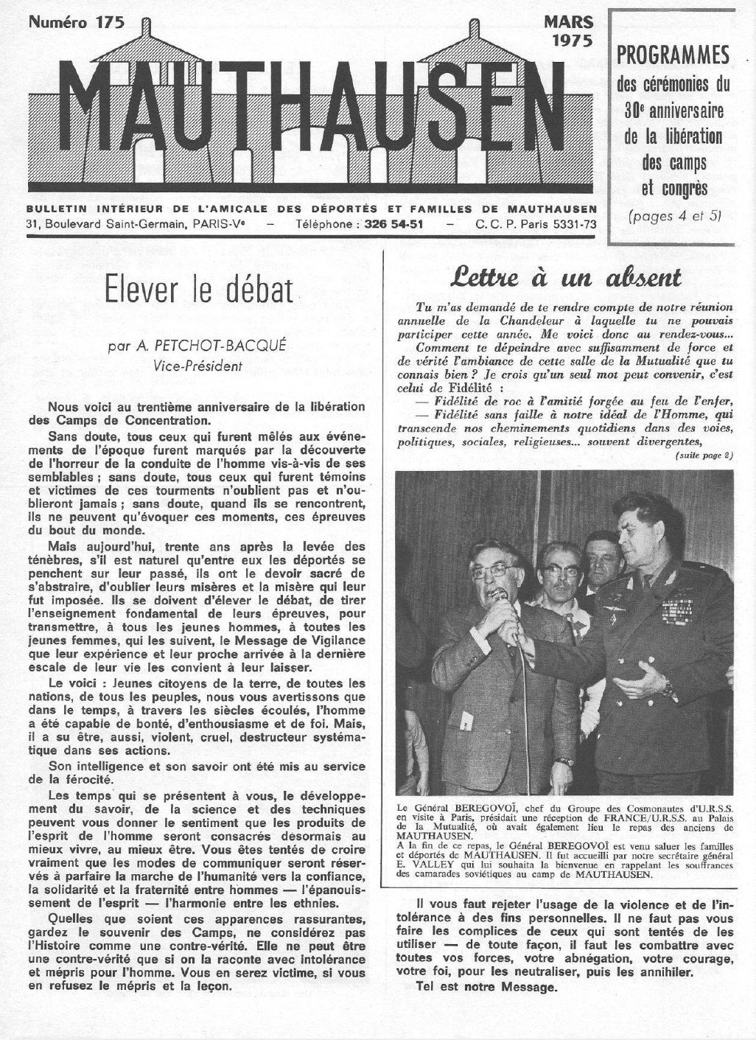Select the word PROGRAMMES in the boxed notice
[673, 55]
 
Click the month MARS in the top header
[567, 23]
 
